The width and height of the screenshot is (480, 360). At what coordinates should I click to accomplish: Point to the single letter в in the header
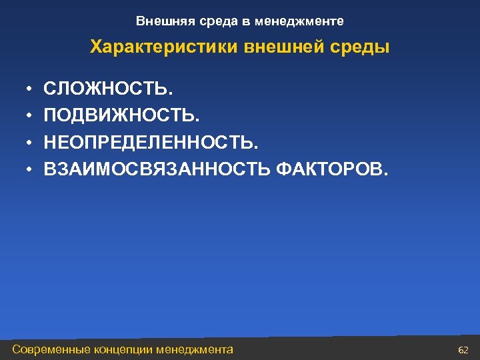point(246,21)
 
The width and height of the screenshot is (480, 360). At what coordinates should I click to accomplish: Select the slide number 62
point(464,349)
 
